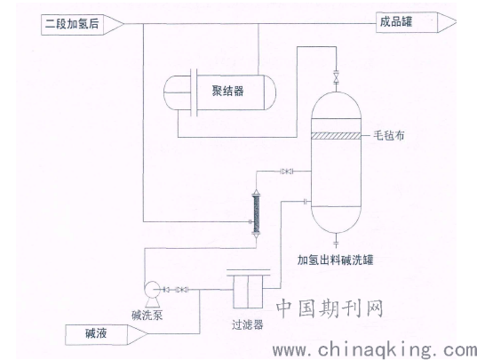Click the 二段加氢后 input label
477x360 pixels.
[x=72, y=24]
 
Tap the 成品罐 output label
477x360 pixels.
[x=396, y=22]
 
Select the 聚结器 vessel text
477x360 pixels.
[x=228, y=91]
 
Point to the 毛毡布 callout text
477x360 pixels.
[x=388, y=135]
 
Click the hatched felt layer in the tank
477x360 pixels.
[x=336, y=136]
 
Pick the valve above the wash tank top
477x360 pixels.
[x=336, y=76]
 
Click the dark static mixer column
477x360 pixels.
[x=256, y=213]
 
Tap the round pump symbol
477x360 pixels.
[x=152, y=288]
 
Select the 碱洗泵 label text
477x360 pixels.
[x=147, y=315]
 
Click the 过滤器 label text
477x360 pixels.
[x=247, y=324]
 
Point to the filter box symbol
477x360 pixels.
[x=248, y=289]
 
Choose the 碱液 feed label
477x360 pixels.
[x=96, y=334]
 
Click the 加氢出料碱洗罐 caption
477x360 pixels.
[x=335, y=260]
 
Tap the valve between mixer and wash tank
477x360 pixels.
[x=286, y=172]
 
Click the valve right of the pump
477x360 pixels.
[x=181, y=290]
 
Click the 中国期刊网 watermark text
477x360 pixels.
[x=330, y=308]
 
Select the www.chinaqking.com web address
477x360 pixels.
[x=375, y=350]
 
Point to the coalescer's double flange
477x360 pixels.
[x=194, y=92]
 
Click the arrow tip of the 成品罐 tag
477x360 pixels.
[x=456, y=22]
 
